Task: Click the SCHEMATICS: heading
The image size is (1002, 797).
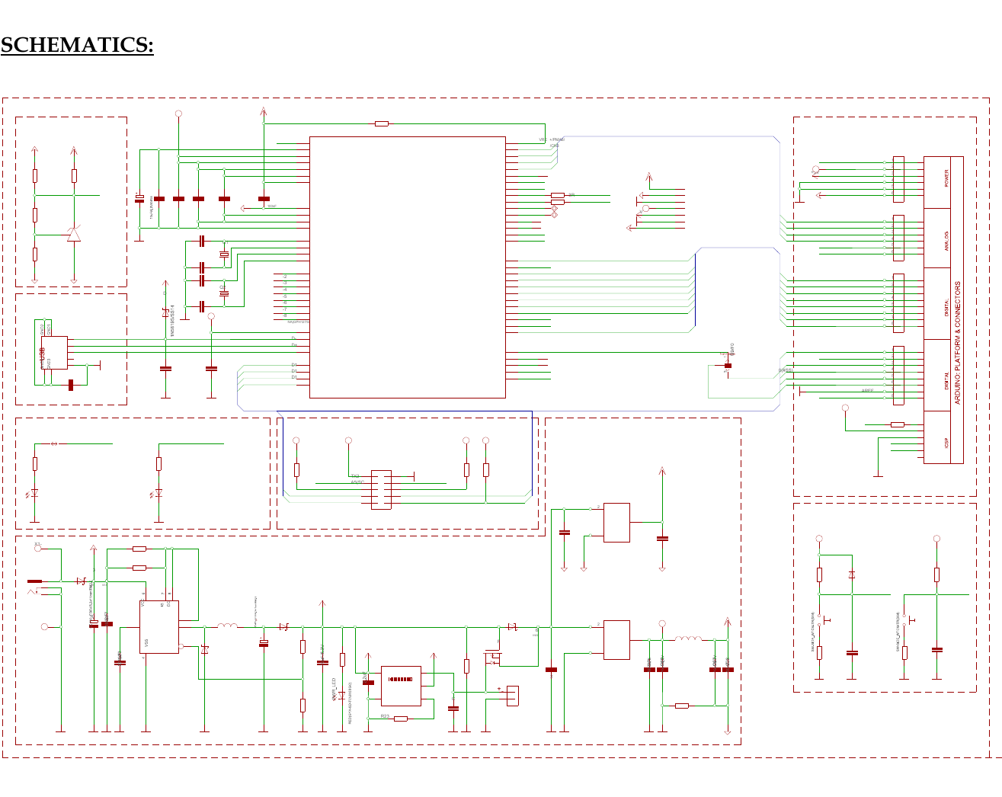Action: coord(77,46)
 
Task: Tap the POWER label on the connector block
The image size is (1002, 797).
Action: coord(947,178)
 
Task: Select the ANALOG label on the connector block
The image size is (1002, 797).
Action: coord(947,241)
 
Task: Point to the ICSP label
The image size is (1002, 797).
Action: coord(947,442)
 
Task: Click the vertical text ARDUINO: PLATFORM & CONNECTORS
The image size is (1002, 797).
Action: coord(958,343)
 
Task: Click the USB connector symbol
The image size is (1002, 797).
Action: coord(54,353)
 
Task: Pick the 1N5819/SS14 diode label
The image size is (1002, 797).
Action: coord(173,321)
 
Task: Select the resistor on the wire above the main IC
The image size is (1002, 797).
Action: coord(382,123)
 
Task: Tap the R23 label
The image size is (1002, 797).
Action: coord(385,717)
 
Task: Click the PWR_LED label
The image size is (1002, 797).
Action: coord(334,690)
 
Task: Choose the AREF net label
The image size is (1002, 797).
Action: coord(867,391)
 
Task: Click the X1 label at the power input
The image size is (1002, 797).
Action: coord(38,543)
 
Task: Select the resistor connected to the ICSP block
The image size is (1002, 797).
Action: coord(898,424)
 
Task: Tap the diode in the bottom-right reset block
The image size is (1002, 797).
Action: coord(852,574)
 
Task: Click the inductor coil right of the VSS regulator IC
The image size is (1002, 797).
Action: coord(227,626)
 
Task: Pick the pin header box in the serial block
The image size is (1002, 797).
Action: coord(381,490)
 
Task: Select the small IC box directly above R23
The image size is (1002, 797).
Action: coord(401,686)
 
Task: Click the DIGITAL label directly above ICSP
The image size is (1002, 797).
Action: coord(947,379)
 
